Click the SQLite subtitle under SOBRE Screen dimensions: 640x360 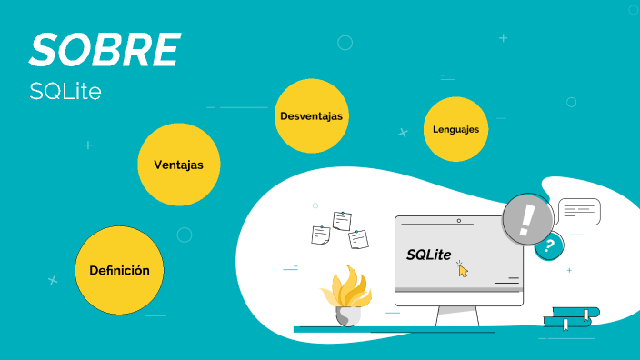pyautogui.click(x=64, y=92)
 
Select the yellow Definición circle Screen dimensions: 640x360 pyautogui.click(x=119, y=270)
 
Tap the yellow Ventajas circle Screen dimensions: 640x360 pyautogui.click(x=178, y=165)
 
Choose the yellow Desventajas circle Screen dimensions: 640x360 pyautogui.click(x=312, y=116)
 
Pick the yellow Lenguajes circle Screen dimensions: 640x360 pyautogui.click(x=456, y=129)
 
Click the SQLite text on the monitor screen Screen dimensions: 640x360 pyautogui.click(x=428, y=255)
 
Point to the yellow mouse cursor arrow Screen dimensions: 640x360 pyautogui.click(x=463, y=269)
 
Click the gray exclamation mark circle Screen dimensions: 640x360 pyautogui.click(x=528, y=219)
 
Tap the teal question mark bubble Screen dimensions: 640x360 pyautogui.click(x=548, y=245)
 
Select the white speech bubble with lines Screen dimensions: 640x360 pyautogui.click(x=579, y=213)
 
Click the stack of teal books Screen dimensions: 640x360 pyautogui.click(x=571, y=317)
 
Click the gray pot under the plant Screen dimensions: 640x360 pyautogui.click(x=348, y=315)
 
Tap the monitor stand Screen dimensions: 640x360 pyautogui.click(x=457, y=315)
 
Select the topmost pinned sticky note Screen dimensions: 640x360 pyautogui.click(x=343, y=221)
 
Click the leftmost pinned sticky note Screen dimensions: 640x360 pyautogui.click(x=320, y=235)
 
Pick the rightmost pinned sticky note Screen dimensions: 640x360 pyautogui.click(x=359, y=239)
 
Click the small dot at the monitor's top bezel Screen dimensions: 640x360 pyautogui.click(x=459, y=221)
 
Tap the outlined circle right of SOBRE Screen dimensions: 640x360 pyautogui.click(x=345, y=42)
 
